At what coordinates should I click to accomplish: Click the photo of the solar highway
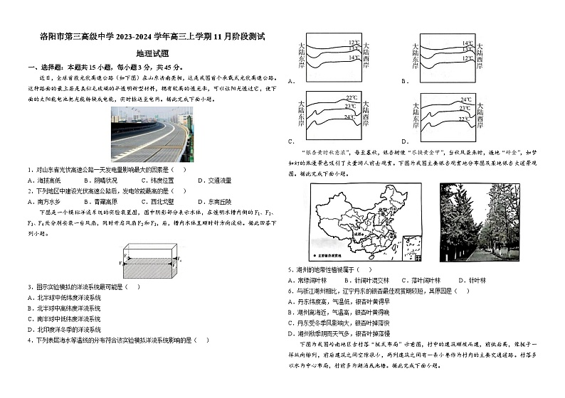tap(152, 134)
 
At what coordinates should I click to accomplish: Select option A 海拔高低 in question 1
tap(44, 181)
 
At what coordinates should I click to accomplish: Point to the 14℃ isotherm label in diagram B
tap(467, 43)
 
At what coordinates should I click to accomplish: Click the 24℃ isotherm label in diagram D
tap(466, 99)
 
